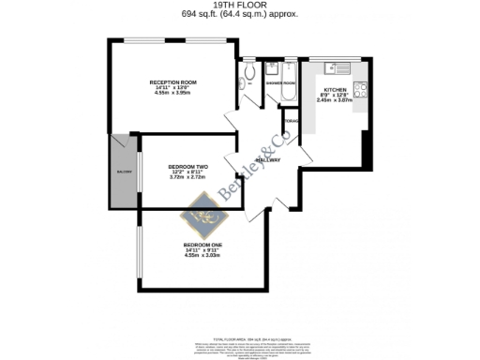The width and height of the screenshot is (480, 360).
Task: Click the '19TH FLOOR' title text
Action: coord(239,6)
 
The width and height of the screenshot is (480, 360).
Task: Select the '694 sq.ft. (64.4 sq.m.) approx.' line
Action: coord(239,15)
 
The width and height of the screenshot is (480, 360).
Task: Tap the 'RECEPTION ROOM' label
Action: coord(171,82)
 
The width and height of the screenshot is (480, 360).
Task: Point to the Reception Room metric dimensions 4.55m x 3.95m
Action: coord(171,94)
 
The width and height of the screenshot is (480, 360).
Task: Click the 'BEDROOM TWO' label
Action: coord(187,166)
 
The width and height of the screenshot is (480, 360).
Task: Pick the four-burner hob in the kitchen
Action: coord(357,93)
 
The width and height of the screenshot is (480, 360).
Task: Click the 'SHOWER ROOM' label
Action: coord(279,82)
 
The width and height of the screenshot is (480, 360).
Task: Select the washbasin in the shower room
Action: coord(273,67)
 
